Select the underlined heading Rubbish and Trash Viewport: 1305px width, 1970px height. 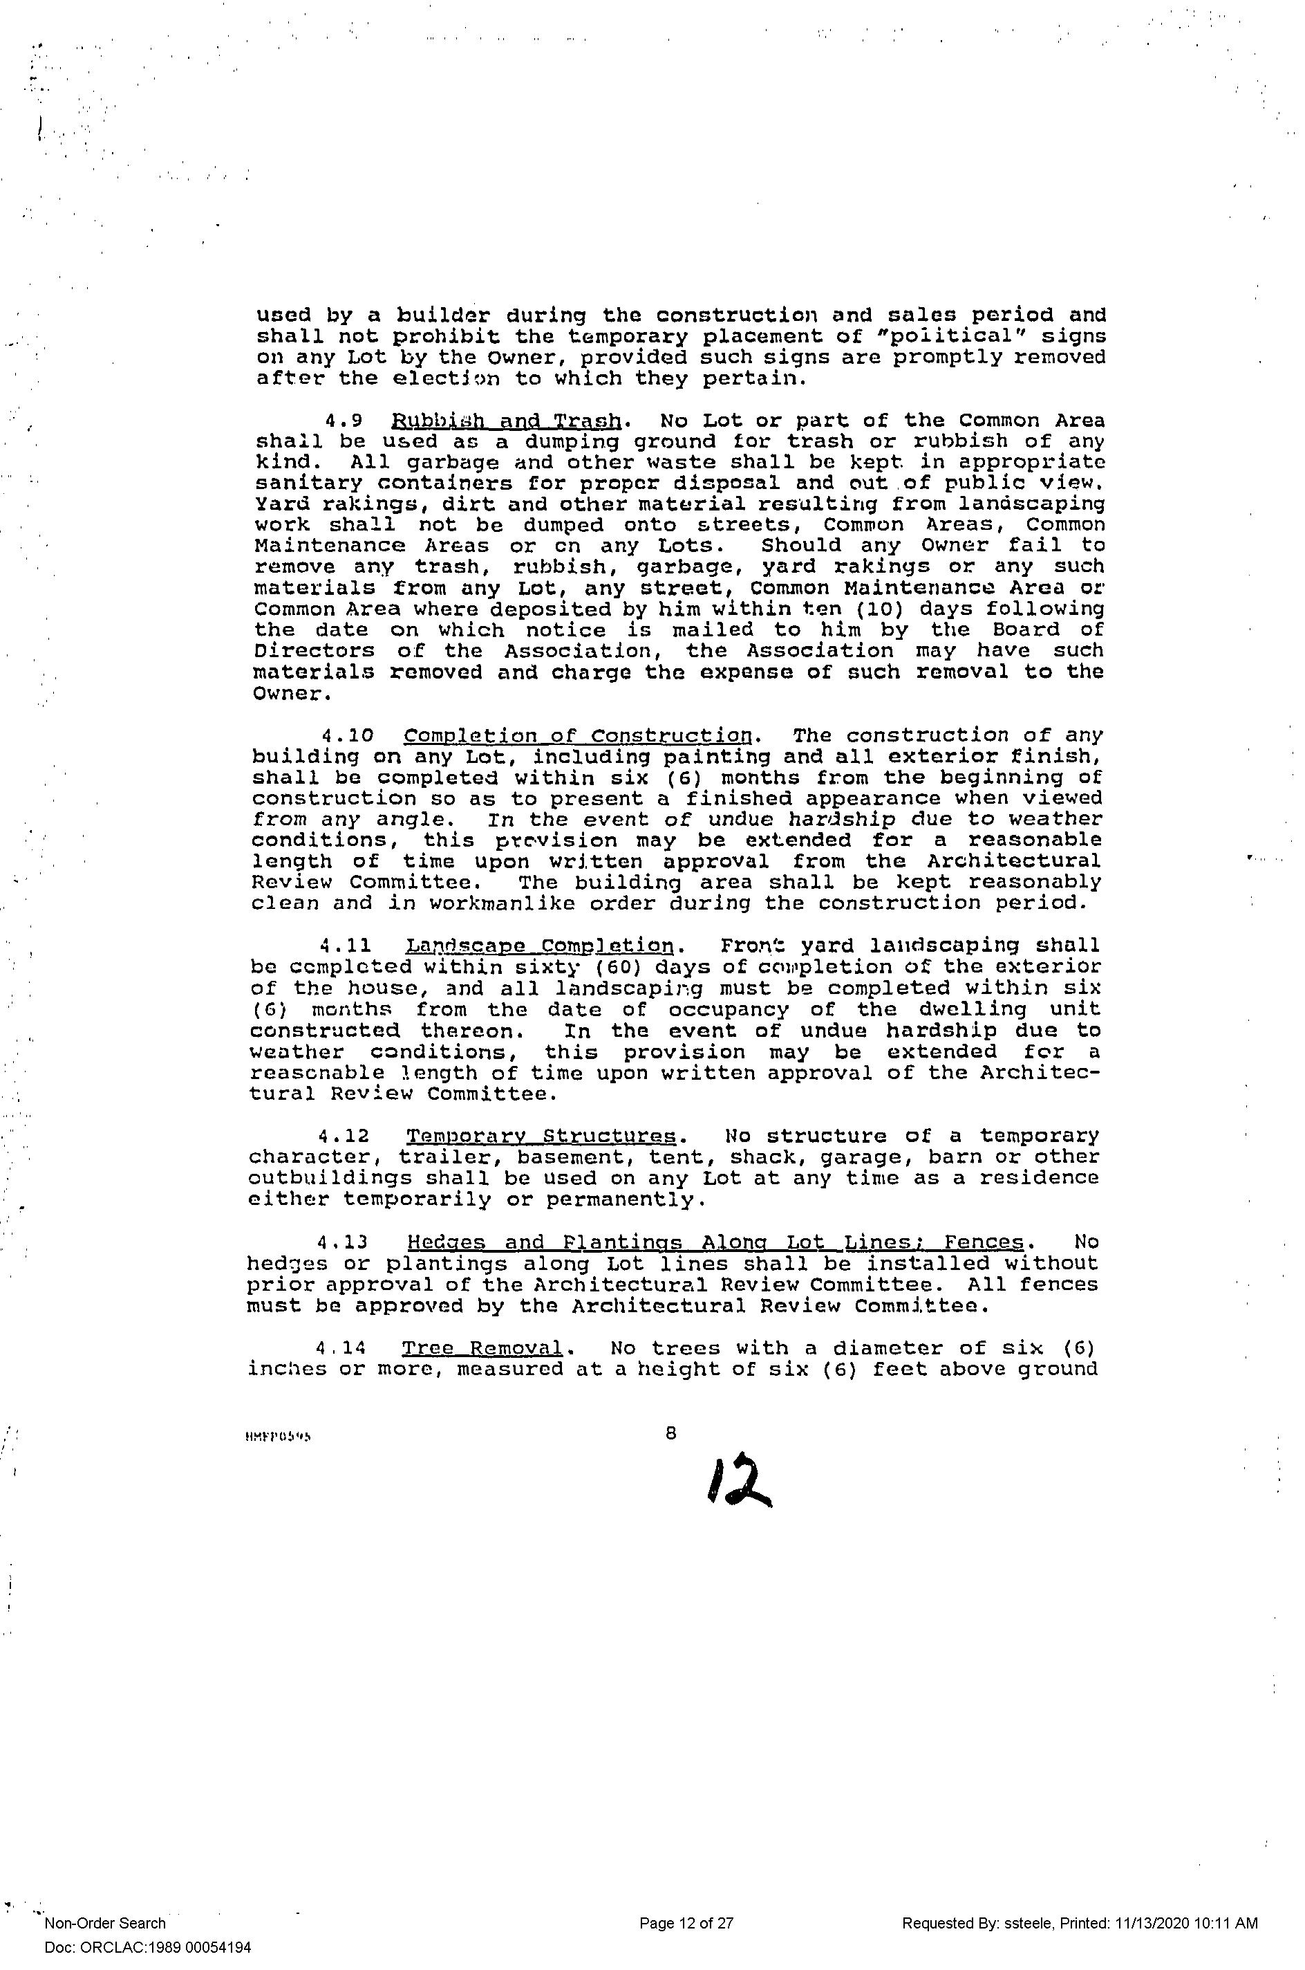tap(506, 421)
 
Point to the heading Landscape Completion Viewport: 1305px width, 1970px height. tap(540, 946)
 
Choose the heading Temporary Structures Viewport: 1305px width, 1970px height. tap(542, 1136)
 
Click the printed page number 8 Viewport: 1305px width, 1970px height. tap(670, 1433)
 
